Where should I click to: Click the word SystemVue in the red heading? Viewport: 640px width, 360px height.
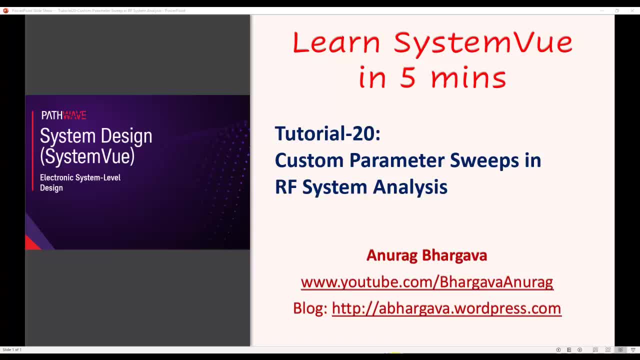483,43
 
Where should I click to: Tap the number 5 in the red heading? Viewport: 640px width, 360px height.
407,78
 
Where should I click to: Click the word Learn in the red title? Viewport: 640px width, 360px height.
336,43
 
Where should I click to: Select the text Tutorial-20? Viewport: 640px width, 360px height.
327,134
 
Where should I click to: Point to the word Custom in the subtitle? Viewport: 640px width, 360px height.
309,160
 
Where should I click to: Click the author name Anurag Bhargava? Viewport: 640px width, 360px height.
426,255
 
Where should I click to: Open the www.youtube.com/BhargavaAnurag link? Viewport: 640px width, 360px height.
426,282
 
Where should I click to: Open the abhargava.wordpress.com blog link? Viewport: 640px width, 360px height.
446,308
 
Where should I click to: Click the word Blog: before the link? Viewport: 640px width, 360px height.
310,308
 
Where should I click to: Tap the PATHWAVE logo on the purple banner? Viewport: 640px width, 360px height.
63,115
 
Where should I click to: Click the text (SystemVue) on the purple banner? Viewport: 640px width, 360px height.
87,156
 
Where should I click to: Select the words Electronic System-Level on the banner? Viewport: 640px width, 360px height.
80,177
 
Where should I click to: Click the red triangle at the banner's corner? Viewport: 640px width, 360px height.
31,243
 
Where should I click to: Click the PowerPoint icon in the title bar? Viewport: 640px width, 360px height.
5,10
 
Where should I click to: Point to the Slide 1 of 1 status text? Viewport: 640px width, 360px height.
12,349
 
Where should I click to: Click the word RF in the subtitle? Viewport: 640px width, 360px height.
285,187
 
